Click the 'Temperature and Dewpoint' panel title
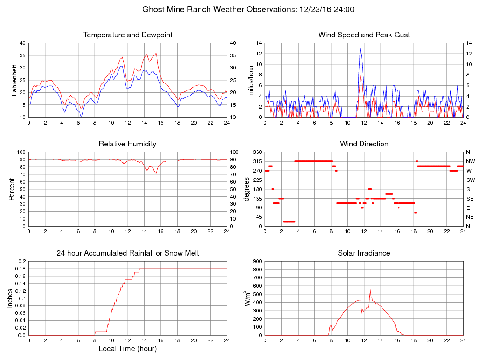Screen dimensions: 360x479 [128, 35]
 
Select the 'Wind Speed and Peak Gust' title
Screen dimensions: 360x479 [364, 35]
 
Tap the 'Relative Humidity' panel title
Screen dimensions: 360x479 [127, 144]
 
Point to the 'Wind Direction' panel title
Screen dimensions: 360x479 [364, 144]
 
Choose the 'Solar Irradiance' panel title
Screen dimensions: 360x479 [364, 253]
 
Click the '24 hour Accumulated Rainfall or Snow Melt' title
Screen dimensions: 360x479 [128, 253]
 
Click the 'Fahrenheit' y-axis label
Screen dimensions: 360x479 [14, 80]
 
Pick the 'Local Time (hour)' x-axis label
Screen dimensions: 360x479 [127, 349]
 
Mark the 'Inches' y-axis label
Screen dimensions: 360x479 [10, 298]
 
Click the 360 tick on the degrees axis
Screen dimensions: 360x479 [257, 152]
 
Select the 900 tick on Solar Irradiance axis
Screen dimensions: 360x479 [257, 261]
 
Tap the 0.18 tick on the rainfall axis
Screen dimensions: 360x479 [21, 269]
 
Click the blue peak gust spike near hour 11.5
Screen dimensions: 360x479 [360, 49]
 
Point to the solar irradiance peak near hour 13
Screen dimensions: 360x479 [370, 290]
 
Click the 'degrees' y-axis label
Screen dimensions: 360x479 [247, 189]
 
